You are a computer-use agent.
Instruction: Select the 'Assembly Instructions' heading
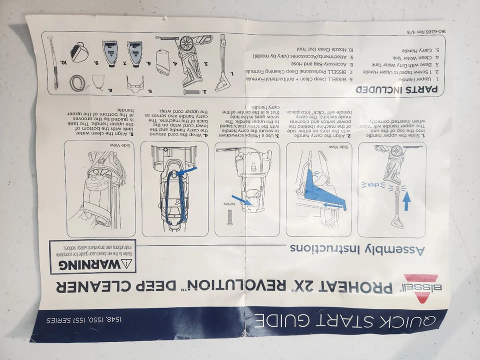357,249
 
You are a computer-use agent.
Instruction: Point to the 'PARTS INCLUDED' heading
397,90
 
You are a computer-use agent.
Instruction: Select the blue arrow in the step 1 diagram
406,200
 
